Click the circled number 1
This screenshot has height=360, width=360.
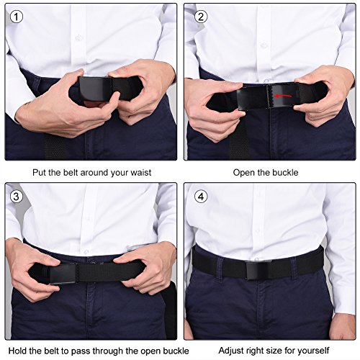point(17,17)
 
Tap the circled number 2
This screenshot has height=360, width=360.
point(201,17)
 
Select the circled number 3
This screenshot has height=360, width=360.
point(16,197)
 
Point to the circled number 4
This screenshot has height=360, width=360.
point(201,197)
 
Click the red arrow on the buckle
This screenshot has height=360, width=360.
point(283,96)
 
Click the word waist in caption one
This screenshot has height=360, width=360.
point(141,173)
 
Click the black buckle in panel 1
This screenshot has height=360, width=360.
point(95,89)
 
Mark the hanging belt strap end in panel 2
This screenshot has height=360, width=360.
point(238,139)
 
